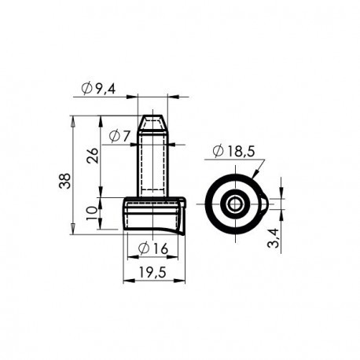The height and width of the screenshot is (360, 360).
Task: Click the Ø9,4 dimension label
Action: point(98,88)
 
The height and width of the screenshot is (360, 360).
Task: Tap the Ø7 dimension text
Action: point(119,136)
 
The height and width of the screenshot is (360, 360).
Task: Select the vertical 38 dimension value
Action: point(65,181)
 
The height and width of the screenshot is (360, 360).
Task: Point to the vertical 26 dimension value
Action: point(93,156)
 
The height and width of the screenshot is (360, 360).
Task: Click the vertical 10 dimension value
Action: point(92,213)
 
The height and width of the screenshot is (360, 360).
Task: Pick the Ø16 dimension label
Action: point(153,248)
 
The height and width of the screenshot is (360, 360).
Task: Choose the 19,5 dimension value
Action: point(152,272)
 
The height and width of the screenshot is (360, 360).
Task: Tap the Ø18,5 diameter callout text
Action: point(233,151)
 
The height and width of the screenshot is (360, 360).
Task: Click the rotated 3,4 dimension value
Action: point(274,237)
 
